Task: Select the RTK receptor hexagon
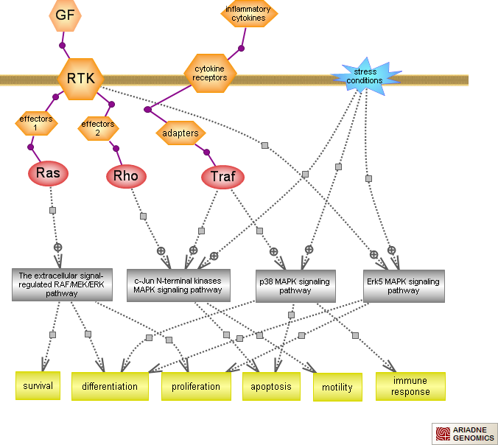[80, 79]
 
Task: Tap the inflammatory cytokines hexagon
[248, 14]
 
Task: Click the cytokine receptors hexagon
[210, 72]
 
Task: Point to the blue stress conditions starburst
[365, 77]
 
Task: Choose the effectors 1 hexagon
[35, 122]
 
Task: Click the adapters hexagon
[180, 133]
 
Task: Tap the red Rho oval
[125, 176]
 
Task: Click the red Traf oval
[222, 177]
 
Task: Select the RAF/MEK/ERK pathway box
[62, 284]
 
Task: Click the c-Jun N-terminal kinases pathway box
[178, 284]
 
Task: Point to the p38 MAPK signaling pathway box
[294, 285]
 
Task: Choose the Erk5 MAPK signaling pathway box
[404, 285]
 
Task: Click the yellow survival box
[38, 385]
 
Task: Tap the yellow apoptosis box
[271, 386]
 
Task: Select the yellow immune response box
[410, 386]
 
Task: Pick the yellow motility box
[337, 387]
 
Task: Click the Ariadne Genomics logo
[463, 434]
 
